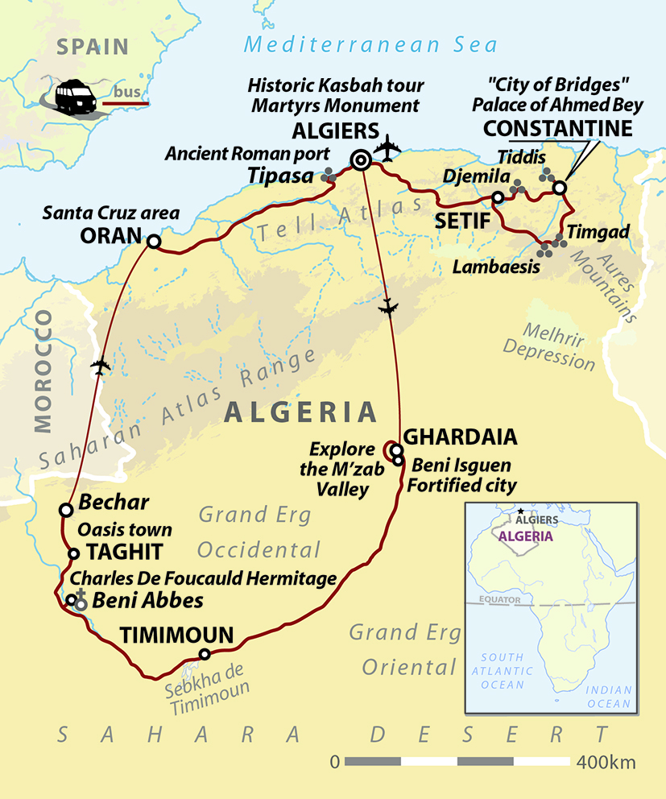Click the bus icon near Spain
point(76,98)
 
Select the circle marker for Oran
point(153,241)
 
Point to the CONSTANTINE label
point(557,129)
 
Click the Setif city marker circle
point(498,197)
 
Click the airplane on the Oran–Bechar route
point(101,366)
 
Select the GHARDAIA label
point(459,437)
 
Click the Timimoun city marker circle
point(205,654)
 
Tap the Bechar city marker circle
point(65,509)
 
